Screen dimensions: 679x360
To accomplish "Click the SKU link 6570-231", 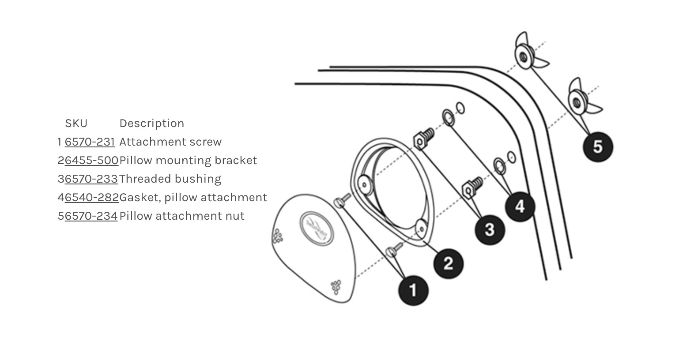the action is [x=90, y=142].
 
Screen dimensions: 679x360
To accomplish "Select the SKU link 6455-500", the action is [x=91, y=160].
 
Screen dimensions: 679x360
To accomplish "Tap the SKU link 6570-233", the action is [x=91, y=179].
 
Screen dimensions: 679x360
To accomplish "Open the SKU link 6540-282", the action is [x=92, y=197].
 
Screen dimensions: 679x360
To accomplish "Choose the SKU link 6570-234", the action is [x=91, y=216].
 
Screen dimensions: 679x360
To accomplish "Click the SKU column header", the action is [x=76, y=124].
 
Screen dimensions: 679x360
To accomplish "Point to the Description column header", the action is [x=152, y=124].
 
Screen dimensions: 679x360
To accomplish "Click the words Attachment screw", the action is [x=171, y=142].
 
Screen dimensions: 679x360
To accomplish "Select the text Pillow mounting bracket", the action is [x=188, y=160].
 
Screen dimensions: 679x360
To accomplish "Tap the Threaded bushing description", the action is [x=170, y=179].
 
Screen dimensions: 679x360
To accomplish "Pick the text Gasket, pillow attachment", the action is [x=193, y=197].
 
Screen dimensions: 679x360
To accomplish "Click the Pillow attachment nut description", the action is [x=182, y=216].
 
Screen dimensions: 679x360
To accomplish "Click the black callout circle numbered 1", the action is [x=413, y=290].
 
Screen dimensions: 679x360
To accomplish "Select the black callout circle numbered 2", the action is [x=449, y=264].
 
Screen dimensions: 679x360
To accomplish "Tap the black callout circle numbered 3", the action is [x=490, y=230].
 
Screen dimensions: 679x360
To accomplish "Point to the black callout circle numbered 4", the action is [x=520, y=206].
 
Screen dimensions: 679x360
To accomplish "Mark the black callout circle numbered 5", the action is [x=598, y=147].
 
